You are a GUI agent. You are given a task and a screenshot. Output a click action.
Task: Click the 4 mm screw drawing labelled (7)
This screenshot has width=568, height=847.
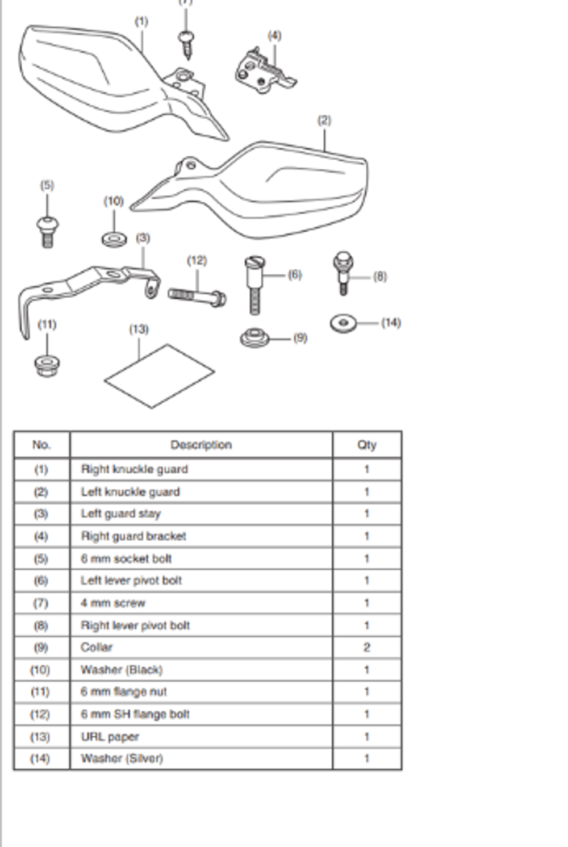pyautogui.click(x=186, y=45)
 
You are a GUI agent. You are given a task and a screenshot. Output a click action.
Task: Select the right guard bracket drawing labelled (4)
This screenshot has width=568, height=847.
pyautogui.click(x=265, y=72)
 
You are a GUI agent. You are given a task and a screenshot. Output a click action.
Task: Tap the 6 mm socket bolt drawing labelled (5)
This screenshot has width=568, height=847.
pyautogui.click(x=47, y=232)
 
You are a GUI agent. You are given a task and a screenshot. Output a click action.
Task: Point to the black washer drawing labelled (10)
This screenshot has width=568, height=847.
pyautogui.click(x=114, y=240)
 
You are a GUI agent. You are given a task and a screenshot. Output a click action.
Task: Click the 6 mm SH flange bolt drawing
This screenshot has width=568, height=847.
pyautogui.click(x=197, y=298)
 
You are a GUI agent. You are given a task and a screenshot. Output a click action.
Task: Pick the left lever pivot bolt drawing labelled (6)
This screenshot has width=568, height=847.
pyautogui.click(x=255, y=285)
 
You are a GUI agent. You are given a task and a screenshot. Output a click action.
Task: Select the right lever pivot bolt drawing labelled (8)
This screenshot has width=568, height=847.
pyautogui.click(x=344, y=273)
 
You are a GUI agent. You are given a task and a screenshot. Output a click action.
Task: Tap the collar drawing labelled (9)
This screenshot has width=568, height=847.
pyautogui.click(x=254, y=337)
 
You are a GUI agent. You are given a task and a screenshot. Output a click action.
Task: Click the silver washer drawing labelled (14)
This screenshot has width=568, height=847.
pyautogui.click(x=344, y=323)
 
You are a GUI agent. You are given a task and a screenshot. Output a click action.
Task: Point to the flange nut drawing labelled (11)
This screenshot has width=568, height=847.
pyautogui.click(x=47, y=366)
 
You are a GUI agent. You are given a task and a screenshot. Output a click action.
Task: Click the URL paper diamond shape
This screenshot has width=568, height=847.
pyautogui.click(x=160, y=376)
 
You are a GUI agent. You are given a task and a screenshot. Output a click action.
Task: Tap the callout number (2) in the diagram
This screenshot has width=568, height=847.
pyautogui.click(x=324, y=120)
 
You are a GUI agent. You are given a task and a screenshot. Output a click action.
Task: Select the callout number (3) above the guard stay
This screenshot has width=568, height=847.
pyautogui.click(x=143, y=238)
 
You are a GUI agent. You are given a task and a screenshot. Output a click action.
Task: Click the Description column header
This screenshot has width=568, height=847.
pyautogui.click(x=201, y=445)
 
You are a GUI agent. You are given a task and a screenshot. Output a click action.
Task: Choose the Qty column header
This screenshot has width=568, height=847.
pyautogui.click(x=367, y=445)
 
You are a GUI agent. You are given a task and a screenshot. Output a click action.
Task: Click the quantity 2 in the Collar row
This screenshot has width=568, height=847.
pyautogui.click(x=367, y=648)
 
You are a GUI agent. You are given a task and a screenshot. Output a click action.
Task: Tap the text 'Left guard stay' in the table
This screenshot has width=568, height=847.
pyautogui.click(x=121, y=514)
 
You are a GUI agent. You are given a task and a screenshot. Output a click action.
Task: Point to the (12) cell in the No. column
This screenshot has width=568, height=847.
pyautogui.click(x=40, y=714)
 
